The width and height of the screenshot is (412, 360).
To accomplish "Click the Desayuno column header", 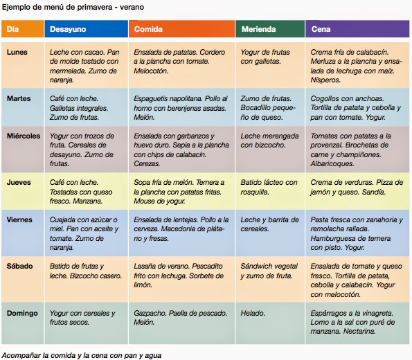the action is point(86,29).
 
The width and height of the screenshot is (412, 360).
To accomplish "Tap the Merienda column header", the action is point(270,29).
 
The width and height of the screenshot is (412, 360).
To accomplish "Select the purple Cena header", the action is point(357,29).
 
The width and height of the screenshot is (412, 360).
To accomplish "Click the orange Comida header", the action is point(181,29).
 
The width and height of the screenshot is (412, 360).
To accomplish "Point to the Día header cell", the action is point(23,29).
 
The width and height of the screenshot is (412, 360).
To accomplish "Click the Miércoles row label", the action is point(24,136).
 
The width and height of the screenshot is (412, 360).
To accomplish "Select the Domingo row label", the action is point(22,313).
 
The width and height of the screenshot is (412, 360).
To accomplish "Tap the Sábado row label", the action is point(19,266).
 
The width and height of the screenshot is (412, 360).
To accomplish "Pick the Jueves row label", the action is point(19,182).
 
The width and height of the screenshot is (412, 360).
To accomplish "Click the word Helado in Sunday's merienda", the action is point(253,313).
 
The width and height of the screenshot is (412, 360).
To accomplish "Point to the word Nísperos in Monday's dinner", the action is point(325,80).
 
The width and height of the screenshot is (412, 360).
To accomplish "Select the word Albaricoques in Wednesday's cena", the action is point(332,163).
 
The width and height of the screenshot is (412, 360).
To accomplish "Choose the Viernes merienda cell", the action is point(270,233).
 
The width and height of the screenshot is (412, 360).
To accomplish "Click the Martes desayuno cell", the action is point(86,107).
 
